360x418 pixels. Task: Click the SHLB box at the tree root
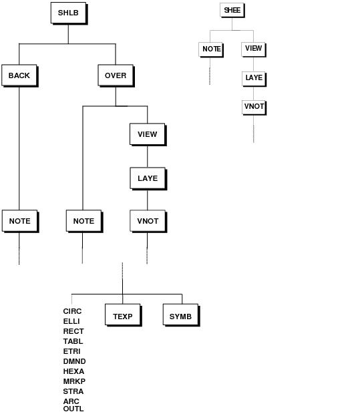point(69,13)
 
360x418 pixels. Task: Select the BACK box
point(20,75)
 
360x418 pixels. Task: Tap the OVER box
point(116,75)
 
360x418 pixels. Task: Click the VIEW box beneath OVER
point(148,134)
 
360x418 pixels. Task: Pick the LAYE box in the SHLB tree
point(148,178)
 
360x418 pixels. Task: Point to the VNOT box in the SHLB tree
point(148,221)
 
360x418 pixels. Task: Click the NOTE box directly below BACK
point(20,221)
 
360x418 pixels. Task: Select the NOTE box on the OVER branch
point(84,221)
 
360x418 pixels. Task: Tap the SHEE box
point(232,11)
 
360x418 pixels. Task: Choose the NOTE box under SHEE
point(211,49)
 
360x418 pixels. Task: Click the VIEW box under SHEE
point(254,49)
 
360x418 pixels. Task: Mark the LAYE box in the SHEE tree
point(254,79)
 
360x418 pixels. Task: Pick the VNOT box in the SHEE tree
point(254,108)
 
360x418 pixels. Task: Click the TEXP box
point(123,315)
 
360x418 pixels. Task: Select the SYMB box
point(181,315)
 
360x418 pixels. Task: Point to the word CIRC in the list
point(72,311)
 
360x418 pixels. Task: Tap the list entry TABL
point(73,341)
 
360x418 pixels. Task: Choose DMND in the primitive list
point(74,361)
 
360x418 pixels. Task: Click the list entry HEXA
point(73,371)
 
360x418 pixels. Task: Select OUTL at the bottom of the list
point(73,409)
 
